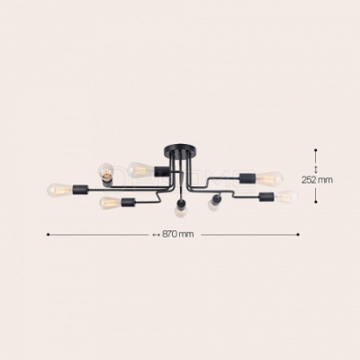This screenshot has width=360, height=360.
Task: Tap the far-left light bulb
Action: pyautogui.click(x=59, y=189)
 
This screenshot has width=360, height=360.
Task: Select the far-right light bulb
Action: pyautogui.click(x=287, y=196)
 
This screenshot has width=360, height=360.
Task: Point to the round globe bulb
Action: pyautogui.click(x=106, y=171)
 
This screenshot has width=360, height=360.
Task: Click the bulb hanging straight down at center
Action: pyautogui.click(x=180, y=211)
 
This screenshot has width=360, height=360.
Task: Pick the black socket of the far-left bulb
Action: pyautogui.click(x=80, y=189)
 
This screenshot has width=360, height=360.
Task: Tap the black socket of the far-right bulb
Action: pyautogui.click(x=267, y=197)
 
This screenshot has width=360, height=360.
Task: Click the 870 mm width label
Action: pyautogui.click(x=178, y=234)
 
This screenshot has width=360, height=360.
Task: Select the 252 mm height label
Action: pyautogui.click(x=317, y=180)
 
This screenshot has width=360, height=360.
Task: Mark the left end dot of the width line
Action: pyautogui.click(x=48, y=234)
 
